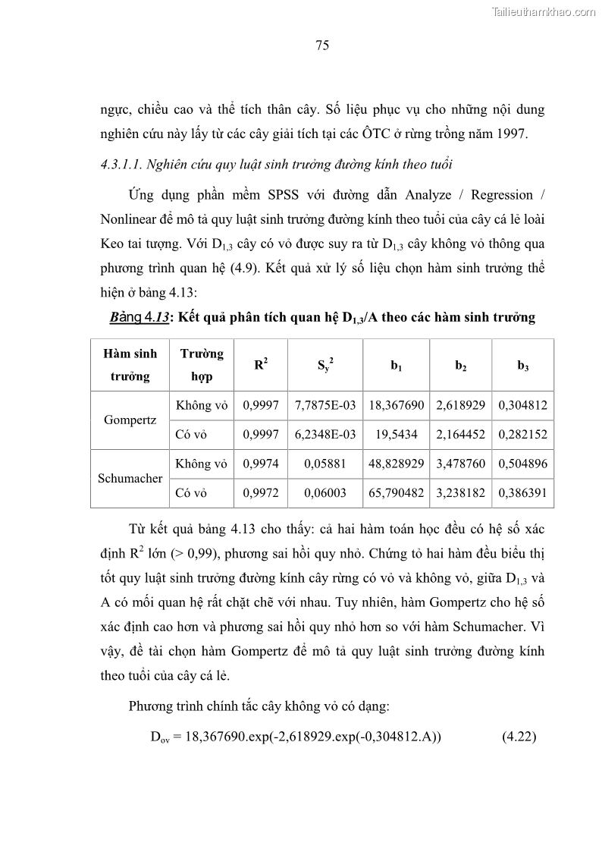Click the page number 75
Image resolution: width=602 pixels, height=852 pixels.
(321, 46)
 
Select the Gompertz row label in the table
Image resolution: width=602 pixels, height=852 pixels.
(130, 420)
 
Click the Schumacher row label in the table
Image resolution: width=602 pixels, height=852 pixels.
(130, 479)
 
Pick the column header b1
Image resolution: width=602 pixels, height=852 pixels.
(396, 366)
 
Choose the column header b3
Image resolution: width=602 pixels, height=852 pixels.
(522, 366)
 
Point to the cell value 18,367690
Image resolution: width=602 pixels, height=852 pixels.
(396, 405)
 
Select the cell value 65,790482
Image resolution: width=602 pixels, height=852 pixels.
(396, 493)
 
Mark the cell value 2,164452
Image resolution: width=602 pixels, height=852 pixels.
(460, 435)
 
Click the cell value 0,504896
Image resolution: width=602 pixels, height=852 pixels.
(522, 464)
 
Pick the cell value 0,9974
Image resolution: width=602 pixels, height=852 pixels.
(260, 464)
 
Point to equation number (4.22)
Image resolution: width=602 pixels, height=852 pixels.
(519, 736)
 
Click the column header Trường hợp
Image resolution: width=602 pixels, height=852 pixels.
(202, 365)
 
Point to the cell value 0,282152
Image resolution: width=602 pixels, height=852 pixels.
(522, 435)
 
